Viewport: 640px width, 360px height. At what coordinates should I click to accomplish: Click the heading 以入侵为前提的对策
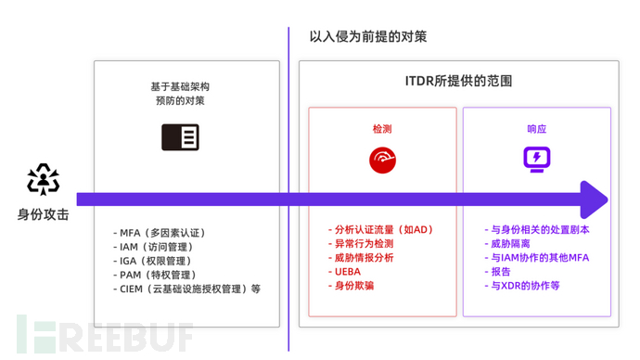click(368, 37)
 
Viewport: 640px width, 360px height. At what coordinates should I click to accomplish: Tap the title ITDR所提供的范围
click(459, 82)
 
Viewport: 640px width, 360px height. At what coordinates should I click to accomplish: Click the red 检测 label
click(382, 129)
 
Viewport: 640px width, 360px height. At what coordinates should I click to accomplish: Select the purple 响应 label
click(536, 129)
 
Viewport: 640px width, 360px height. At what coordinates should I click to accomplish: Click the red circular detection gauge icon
click(382, 160)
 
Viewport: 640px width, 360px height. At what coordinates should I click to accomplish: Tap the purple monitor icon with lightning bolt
click(537, 160)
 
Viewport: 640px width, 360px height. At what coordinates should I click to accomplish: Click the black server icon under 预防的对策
click(180, 137)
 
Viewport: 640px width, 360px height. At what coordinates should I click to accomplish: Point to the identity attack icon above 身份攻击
click(44, 179)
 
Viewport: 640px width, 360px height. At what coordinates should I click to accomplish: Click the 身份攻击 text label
click(44, 214)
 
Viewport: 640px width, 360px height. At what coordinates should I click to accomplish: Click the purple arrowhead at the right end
click(594, 199)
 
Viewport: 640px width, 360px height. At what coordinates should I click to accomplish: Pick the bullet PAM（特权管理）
click(157, 275)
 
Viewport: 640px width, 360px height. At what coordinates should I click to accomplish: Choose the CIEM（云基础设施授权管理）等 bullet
click(189, 289)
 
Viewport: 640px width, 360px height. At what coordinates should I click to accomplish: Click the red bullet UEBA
click(345, 272)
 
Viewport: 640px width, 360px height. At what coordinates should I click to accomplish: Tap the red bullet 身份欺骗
click(352, 286)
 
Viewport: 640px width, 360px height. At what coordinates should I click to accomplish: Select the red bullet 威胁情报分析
click(365, 258)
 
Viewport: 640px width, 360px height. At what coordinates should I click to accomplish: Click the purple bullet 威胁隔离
click(507, 244)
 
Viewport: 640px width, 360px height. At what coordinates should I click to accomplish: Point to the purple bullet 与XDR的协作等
click(524, 286)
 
